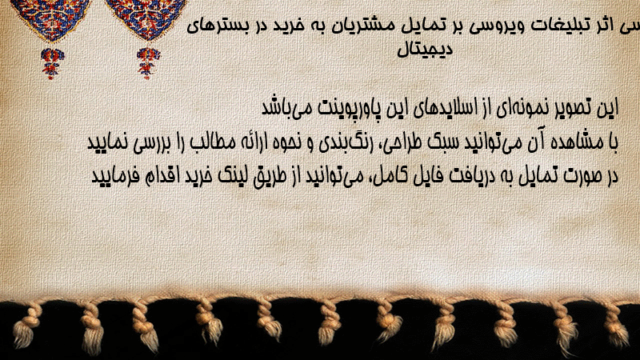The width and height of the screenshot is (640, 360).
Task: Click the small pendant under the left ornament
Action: [x=51, y=63]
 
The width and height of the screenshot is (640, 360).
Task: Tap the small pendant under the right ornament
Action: [x=148, y=63]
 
